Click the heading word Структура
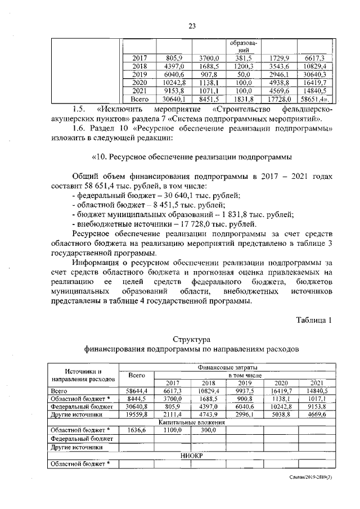pyautogui.click(x=191, y=339)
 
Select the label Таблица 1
pyautogui.click(x=315, y=320)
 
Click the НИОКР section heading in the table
pyautogui.click(x=191, y=456)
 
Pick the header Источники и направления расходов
pyautogui.click(x=83, y=375)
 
